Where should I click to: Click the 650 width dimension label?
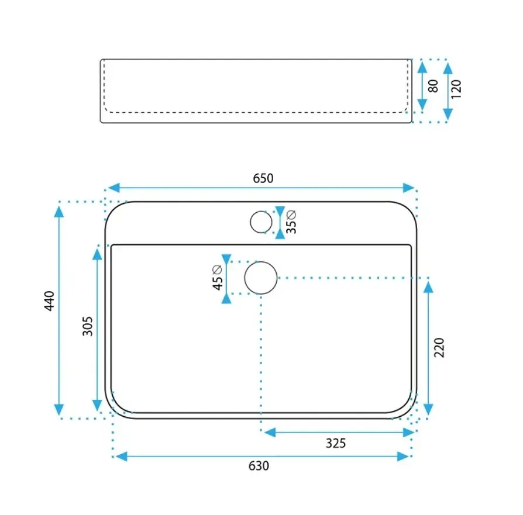[263, 178]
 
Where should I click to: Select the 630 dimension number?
[259, 466]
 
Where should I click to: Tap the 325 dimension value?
[336, 443]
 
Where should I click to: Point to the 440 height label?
[49, 301]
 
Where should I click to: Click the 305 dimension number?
[87, 326]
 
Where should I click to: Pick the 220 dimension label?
[439, 348]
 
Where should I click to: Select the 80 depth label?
[433, 86]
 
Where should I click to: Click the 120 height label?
[456, 89]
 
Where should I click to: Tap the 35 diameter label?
[291, 222]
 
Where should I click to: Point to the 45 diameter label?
[217, 278]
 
